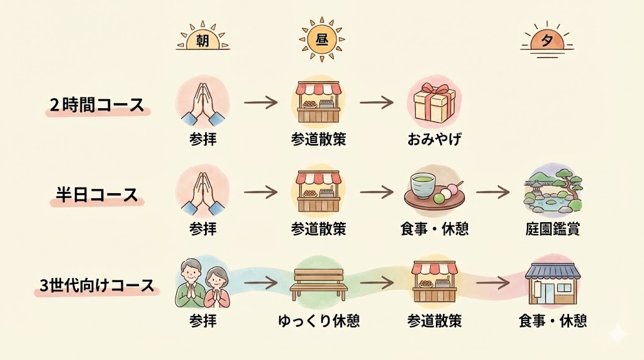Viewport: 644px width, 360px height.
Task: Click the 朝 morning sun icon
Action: coord(203,40)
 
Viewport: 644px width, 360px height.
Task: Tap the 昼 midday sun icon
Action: coord(321,39)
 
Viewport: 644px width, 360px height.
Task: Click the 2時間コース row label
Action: coord(97,104)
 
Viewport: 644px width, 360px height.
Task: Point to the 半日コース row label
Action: coord(94,194)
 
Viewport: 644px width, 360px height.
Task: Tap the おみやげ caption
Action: coord(434,139)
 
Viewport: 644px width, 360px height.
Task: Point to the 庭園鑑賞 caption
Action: coord(552,229)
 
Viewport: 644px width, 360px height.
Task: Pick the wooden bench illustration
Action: coord(319,284)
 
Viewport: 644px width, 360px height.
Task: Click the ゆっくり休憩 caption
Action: coord(319,321)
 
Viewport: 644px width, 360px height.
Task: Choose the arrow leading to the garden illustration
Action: coord(492,191)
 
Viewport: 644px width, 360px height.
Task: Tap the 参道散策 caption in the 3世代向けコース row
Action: coord(435,321)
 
